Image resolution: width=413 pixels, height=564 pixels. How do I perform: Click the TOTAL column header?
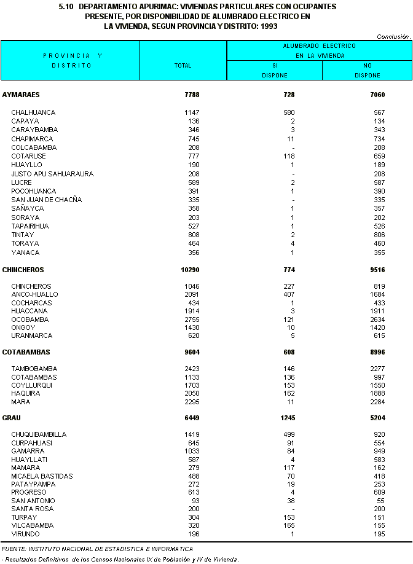click(x=183, y=65)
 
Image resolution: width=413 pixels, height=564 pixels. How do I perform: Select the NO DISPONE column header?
click(x=367, y=70)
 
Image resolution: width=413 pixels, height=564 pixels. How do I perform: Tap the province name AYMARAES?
click(x=22, y=95)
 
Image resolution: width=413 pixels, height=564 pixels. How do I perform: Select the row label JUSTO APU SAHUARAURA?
click(x=52, y=174)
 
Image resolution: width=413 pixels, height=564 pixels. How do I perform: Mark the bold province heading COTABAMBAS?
click(x=26, y=352)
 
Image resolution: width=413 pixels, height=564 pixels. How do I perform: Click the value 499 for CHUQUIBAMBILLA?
click(x=288, y=434)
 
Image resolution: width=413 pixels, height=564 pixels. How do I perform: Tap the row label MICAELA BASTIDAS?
click(x=42, y=476)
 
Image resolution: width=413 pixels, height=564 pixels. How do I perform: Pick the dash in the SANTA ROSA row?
click(x=293, y=509)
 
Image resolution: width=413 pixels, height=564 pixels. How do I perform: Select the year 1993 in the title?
click(x=269, y=26)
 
